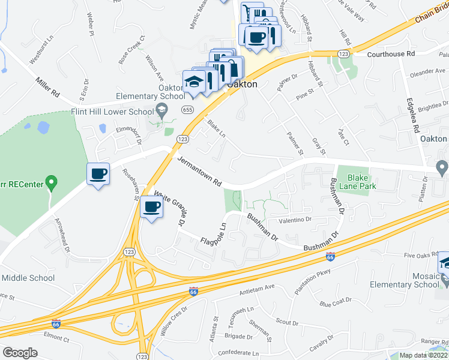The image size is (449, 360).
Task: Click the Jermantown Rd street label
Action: pos(200,172)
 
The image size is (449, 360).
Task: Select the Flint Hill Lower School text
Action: pos(122,112)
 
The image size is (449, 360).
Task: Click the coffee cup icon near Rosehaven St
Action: pos(98,174)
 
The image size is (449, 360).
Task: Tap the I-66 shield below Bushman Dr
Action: pos(330,257)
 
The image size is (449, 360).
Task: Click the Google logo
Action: pos(20,352)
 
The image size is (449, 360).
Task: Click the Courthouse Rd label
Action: pos(391,53)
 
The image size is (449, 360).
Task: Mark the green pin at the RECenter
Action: pos(52,180)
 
